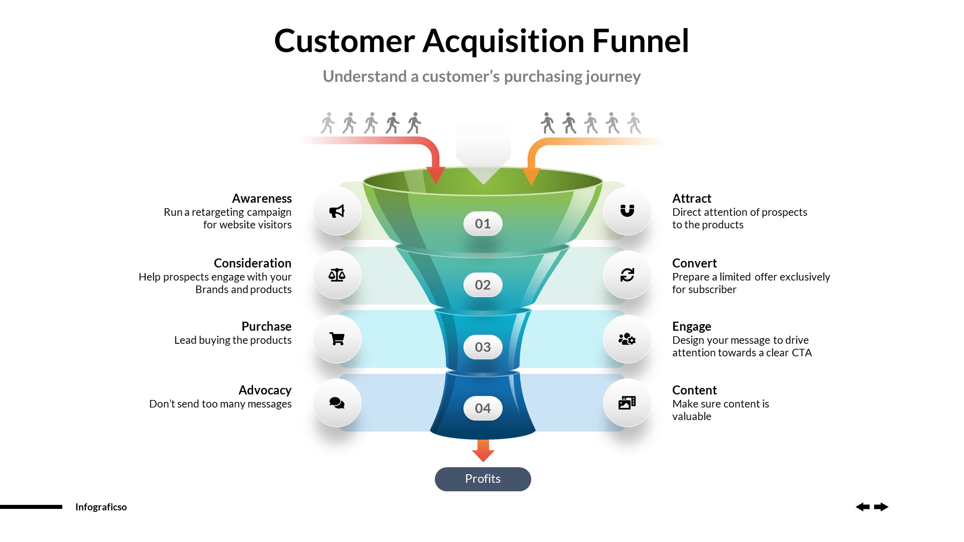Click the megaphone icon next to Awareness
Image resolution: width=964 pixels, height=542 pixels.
[337, 211]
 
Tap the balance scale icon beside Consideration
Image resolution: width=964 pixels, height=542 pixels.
[337, 275]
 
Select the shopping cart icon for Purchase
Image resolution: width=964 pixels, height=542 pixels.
[337, 339]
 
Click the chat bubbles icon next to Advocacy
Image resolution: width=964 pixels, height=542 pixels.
[337, 403]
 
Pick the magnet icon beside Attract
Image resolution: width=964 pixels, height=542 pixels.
[627, 211]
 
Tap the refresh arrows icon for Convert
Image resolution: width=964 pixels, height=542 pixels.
[627, 275]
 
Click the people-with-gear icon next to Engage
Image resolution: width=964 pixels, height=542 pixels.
[627, 339]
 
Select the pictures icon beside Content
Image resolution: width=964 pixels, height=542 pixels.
[627, 403]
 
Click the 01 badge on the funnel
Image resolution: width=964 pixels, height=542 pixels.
[483, 224]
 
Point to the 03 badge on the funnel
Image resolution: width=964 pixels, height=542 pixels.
[483, 347]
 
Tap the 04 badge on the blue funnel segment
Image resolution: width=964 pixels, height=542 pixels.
[483, 409]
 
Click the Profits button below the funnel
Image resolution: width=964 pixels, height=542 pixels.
[483, 479]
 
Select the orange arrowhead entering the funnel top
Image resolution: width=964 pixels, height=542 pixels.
[531, 176]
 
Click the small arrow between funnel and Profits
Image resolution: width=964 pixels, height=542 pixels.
[483, 451]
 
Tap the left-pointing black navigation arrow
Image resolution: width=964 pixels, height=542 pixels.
[863, 507]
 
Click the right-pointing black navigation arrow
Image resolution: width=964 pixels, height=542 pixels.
[881, 507]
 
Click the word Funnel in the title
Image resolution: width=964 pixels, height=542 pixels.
[640, 41]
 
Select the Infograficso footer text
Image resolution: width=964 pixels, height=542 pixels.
[101, 507]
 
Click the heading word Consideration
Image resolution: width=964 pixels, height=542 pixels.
[252, 263]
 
